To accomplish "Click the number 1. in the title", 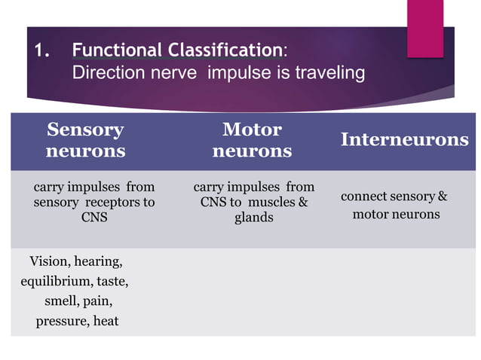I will point(41,52).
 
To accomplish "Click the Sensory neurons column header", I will point(85,140).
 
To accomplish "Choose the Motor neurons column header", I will point(252,140).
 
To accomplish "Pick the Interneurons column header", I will point(404,139).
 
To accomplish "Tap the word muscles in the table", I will point(268,202).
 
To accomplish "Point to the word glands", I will point(253,217).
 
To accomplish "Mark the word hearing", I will point(100,262).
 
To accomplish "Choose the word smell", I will point(60,301).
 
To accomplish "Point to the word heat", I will point(106,322).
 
